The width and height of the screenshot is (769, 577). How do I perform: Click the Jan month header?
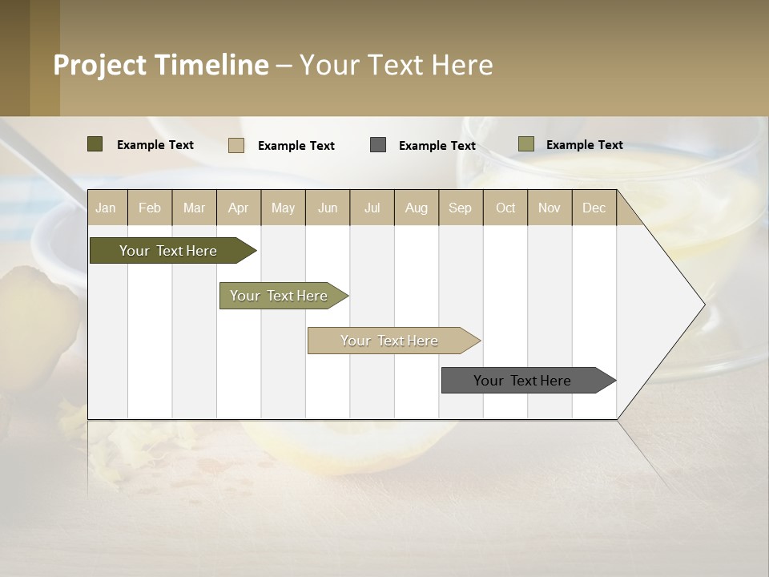(x=106, y=208)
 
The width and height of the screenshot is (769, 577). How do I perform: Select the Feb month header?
(x=150, y=208)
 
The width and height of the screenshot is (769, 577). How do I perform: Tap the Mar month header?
(x=194, y=208)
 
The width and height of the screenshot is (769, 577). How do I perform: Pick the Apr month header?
(x=239, y=208)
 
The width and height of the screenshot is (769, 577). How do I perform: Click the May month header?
(x=283, y=208)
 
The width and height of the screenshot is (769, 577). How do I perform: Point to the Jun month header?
(x=328, y=208)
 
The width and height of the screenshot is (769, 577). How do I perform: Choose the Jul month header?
(x=372, y=208)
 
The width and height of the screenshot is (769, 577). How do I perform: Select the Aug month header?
(x=417, y=208)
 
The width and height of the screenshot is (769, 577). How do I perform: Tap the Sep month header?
(x=461, y=208)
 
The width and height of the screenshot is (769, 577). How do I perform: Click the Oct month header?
(x=505, y=208)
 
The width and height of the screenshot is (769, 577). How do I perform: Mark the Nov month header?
(x=550, y=208)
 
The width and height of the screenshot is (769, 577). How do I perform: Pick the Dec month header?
(x=594, y=208)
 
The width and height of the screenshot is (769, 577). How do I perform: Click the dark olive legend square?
(x=95, y=144)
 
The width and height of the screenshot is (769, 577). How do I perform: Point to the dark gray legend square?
(x=378, y=144)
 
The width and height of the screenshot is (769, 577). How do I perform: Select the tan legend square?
(x=236, y=145)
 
